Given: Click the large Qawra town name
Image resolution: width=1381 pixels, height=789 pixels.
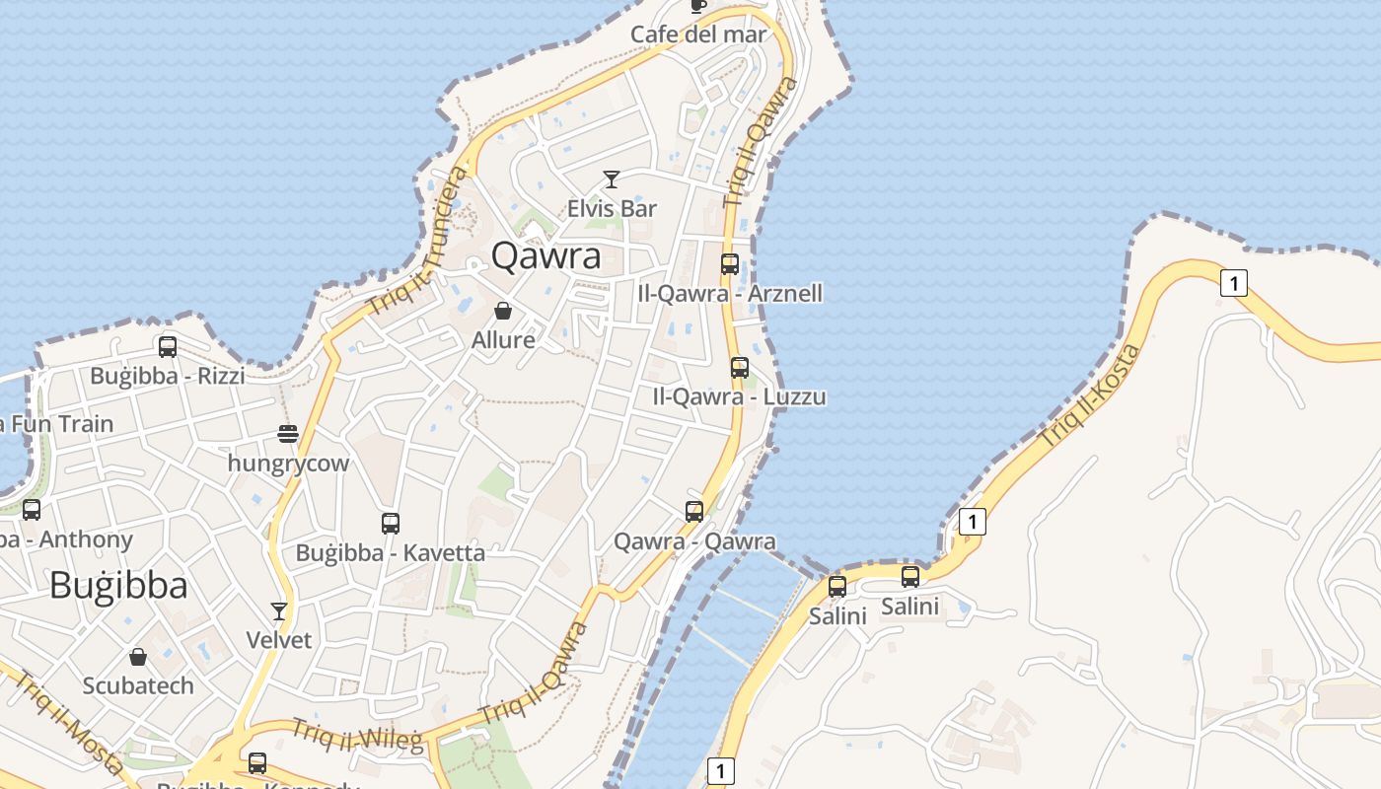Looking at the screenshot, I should coord(545,255).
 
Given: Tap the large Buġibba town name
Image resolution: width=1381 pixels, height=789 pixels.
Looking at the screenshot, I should coord(118,585).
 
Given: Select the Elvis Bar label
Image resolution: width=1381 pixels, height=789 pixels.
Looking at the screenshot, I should coord(612,208).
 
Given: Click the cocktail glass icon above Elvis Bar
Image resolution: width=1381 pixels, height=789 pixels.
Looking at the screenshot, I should coord(612,179).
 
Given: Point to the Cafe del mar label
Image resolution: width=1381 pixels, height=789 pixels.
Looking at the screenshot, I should coord(698,35).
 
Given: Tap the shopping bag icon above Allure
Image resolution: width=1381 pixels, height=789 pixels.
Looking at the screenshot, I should coord(503,312).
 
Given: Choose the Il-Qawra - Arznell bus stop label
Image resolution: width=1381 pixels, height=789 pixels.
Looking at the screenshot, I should coord(730,293).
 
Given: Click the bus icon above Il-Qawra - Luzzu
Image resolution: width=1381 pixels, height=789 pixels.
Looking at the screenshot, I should coord(740,368).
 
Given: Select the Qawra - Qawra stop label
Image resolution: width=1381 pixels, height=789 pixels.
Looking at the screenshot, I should coord(694,541).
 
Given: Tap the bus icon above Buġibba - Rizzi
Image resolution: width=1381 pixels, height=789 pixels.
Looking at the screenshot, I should coord(168,347).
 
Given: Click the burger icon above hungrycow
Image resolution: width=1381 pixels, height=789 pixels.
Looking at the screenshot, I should coord(288,434).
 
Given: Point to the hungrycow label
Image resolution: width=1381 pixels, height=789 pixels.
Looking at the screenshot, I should coord(288,463).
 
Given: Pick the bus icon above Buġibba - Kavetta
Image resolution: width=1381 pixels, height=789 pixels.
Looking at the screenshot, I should coord(391,524).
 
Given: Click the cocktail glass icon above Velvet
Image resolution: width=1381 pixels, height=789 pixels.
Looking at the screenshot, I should coord(279,611).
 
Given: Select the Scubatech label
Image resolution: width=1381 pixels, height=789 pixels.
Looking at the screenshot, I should coord(138,685).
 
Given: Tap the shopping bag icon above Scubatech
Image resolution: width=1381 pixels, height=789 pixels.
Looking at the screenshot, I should coord(138,657).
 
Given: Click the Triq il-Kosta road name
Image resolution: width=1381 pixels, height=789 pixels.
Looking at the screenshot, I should coord(1091,394).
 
